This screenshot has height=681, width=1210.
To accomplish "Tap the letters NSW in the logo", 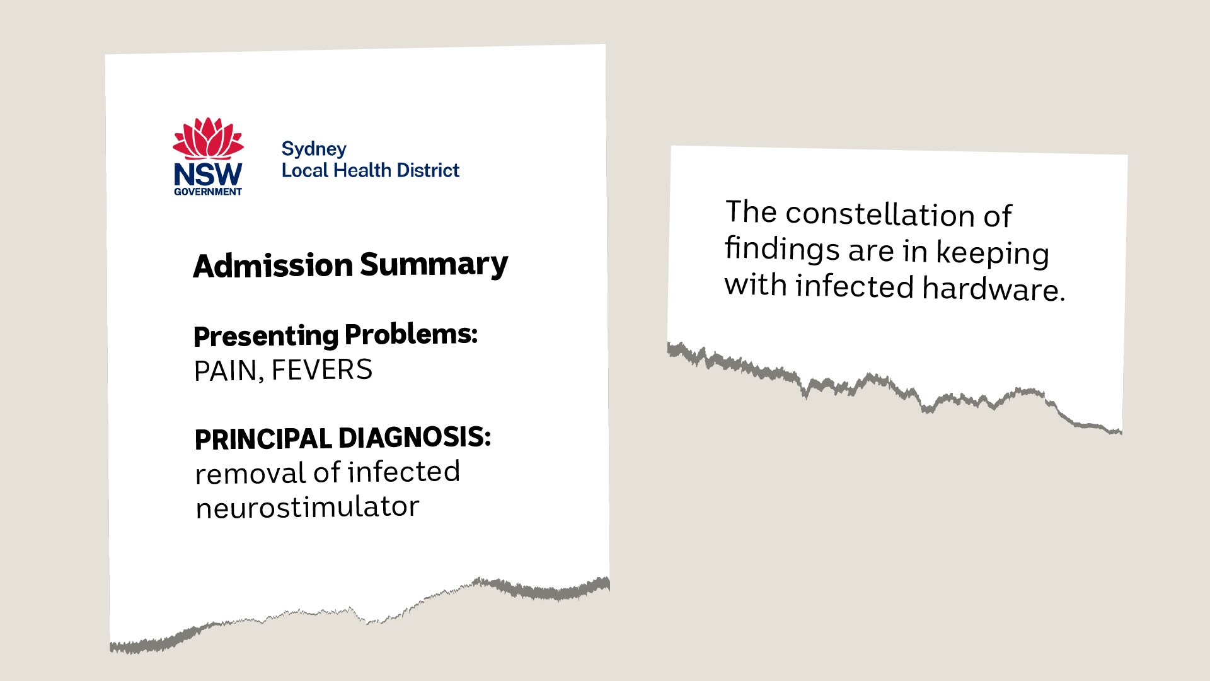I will (x=208, y=174).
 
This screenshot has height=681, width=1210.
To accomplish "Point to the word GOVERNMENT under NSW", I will (x=208, y=192).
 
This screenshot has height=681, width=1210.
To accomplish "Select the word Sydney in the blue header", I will (x=314, y=149).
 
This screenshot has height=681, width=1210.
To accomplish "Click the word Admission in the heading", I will (x=273, y=265).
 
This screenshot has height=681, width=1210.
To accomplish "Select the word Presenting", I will (x=265, y=336).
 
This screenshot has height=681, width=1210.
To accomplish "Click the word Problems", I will (x=411, y=334).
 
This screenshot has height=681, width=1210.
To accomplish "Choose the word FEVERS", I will (x=322, y=370).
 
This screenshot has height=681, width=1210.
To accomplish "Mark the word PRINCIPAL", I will (x=263, y=439).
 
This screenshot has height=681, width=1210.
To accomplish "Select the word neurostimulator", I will (x=308, y=508).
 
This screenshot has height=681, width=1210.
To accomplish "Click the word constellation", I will (x=880, y=214).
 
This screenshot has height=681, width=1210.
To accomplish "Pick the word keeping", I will (x=993, y=253).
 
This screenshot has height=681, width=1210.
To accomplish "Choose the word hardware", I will (x=993, y=289).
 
